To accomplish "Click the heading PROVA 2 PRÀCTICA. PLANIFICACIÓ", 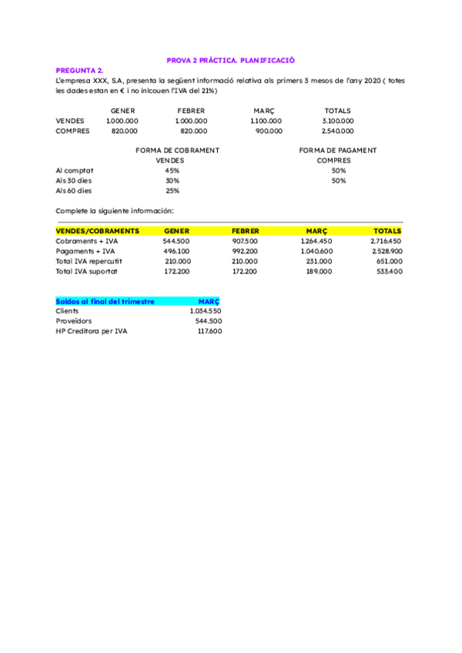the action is click(x=231, y=60).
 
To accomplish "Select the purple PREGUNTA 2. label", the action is click(x=80, y=70).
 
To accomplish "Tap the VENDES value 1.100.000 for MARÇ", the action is click(x=266, y=121).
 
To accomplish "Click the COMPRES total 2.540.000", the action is click(x=337, y=131).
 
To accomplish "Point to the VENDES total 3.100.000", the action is click(x=337, y=121).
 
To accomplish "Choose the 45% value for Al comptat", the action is click(x=172, y=170).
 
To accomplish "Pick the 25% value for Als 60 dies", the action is click(x=172, y=190).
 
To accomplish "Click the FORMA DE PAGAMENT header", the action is click(x=337, y=150).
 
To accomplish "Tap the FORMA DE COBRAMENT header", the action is click(x=177, y=150).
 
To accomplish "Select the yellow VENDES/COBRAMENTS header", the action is click(x=97, y=231).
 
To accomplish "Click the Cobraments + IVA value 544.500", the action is click(x=176, y=241).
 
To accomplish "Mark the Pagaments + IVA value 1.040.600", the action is click(x=316, y=251).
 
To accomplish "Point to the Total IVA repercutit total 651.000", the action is click(x=387, y=261).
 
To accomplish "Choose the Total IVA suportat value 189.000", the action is click(x=319, y=271).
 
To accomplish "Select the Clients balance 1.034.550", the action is click(x=206, y=311).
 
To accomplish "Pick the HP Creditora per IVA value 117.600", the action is click(x=209, y=331).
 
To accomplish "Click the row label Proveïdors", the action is click(x=74, y=321).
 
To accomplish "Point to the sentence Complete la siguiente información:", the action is click(x=115, y=210).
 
